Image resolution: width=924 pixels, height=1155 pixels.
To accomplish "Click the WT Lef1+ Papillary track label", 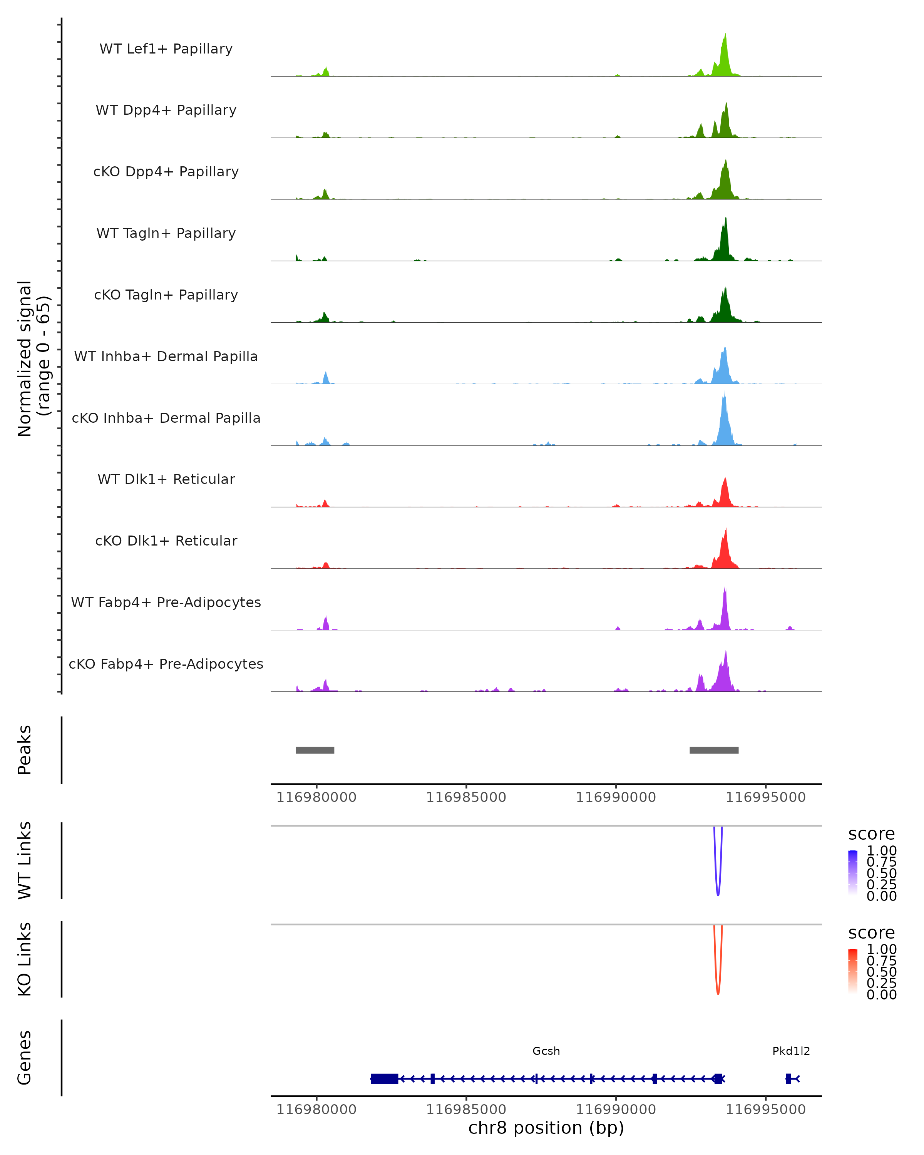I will click(x=166, y=49).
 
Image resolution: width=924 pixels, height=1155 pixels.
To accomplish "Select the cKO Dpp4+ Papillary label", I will click(x=166, y=171).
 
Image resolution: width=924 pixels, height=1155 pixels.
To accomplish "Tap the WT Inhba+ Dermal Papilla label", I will click(x=166, y=356).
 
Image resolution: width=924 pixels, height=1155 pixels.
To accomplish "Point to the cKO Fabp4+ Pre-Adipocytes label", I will click(x=166, y=664).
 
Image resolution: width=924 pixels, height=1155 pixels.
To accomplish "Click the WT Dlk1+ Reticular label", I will click(x=166, y=479).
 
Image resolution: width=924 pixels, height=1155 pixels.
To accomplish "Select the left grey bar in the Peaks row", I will click(x=315, y=750).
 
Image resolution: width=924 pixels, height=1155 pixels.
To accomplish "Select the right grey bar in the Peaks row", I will click(x=714, y=750).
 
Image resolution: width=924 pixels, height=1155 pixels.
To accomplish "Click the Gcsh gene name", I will click(x=546, y=1051).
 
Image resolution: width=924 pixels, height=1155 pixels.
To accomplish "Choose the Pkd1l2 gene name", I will click(x=791, y=1051).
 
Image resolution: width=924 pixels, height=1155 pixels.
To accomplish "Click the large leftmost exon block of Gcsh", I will click(x=384, y=1078).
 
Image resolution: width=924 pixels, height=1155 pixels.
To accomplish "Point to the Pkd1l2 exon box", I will click(x=788, y=1078).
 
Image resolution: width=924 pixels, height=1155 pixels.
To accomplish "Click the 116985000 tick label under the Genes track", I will click(x=466, y=1110).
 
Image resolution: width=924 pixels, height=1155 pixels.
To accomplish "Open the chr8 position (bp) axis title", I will click(x=546, y=1128).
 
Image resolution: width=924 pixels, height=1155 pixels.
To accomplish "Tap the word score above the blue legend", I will click(x=872, y=834).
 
